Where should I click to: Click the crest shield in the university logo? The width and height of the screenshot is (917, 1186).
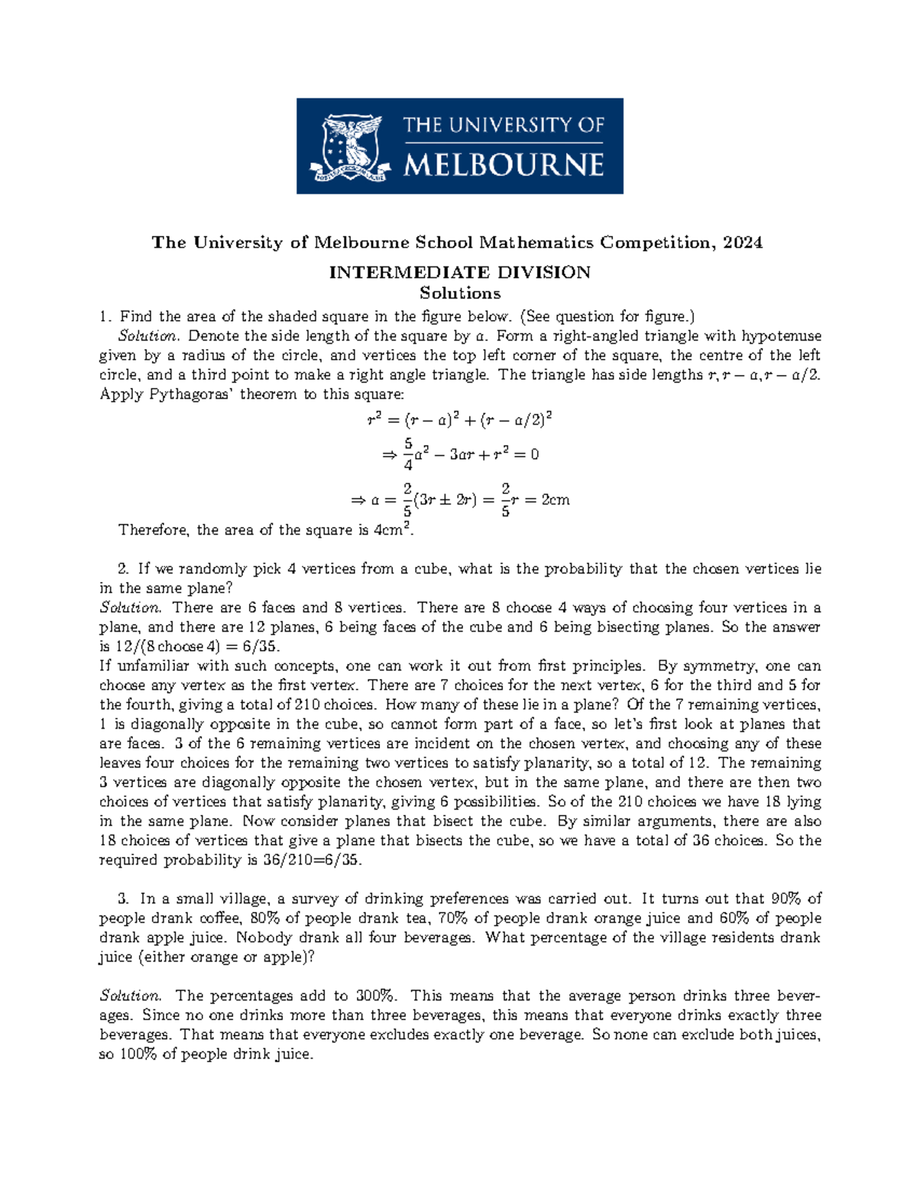pyautogui.click(x=352, y=145)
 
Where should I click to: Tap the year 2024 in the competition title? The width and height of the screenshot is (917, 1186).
pyautogui.click(x=742, y=243)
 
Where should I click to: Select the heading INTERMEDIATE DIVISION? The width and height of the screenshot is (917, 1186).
pyautogui.click(x=459, y=273)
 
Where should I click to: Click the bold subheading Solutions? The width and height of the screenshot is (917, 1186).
pyautogui.click(x=459, y=293)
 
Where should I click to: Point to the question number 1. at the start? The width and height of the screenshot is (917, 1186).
pyautogui.click(x=105, y=316)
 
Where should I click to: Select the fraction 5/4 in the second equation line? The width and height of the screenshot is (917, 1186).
pyautogui.click(x=409, y=454)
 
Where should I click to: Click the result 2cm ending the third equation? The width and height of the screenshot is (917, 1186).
pyautogui.click(x=555, y=501)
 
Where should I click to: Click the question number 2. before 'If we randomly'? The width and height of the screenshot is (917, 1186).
pyautogui.click(x=124, y=569)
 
